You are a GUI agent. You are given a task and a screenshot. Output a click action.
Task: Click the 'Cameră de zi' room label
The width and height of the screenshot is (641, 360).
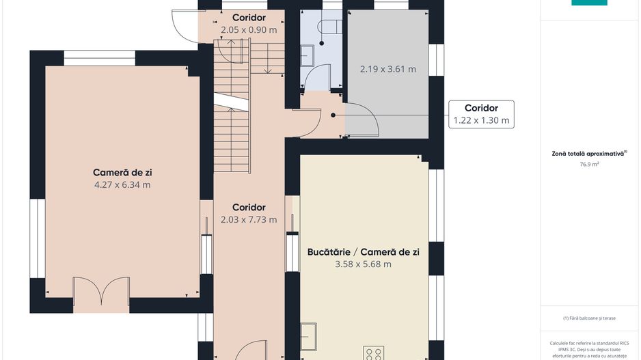pos(122,172)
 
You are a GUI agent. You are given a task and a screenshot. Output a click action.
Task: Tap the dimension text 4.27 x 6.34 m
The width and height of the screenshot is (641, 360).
pos(122,184)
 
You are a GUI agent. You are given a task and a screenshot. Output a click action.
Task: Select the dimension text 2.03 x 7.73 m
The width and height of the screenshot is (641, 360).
pos(249,219)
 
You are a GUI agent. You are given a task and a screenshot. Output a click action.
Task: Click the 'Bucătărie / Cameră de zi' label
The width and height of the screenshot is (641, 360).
pos(363,251)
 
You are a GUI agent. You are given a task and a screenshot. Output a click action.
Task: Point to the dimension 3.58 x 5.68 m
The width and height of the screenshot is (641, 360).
pos(363,264)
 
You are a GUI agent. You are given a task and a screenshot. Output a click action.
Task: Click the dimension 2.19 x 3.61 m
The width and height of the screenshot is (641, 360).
pos(388,69)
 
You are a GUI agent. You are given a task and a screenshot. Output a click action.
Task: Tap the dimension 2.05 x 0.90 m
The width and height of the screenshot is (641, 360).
pos(249,30)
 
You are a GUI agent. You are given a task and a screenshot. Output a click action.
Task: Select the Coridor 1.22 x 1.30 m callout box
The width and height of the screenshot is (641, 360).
pos(481,114)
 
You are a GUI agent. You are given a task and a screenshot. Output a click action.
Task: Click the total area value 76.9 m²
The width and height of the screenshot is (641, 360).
pos(589,164)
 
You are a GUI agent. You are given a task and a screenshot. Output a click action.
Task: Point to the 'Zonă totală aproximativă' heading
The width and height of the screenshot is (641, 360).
pos(588,154)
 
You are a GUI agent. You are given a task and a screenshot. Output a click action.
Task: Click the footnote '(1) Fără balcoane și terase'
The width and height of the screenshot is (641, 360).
pos(588,318)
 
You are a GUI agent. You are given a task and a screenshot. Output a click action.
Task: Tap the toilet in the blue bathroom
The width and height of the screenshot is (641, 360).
pos(329,26)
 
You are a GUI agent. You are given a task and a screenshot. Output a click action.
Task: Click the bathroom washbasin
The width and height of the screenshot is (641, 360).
pos(308,55)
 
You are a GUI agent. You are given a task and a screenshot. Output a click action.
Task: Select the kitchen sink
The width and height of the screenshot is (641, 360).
pos(309,337)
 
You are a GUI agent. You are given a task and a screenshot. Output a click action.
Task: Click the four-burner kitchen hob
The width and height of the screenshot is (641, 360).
pos(374,353)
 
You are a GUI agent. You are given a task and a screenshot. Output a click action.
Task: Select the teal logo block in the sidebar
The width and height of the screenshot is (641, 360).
pos(589,3)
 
